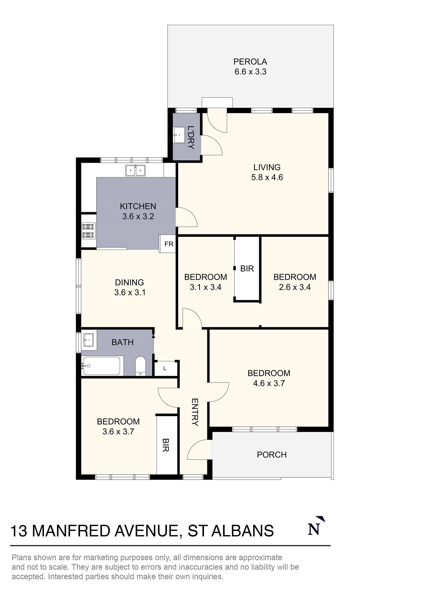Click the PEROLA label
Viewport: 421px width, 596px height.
click(x=250, y=62)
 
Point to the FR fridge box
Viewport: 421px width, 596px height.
click(x=169, y=244)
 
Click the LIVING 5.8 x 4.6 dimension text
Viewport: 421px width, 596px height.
click(x=267, y=177)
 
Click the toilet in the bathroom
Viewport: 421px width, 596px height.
click(x=141, y=366)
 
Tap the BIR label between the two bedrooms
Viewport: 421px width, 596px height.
click(x=247, y=268)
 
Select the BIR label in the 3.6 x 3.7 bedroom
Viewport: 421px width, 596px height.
click(x=166, y=445)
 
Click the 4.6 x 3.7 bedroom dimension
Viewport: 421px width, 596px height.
click(x=269, y=383)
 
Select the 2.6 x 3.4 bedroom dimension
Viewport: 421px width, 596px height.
click(x=295, y=287)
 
